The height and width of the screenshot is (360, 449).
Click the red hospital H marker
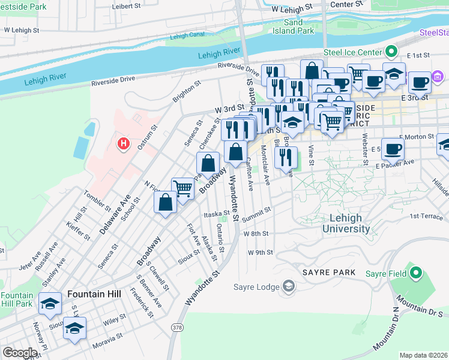124,143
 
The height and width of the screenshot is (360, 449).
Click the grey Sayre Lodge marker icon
289,286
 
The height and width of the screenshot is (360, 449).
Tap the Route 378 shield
176,327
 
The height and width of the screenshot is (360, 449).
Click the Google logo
20,352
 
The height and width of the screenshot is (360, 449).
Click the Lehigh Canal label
187,36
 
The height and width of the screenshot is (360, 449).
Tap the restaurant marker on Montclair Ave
285,157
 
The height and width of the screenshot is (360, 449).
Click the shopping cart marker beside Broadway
182,188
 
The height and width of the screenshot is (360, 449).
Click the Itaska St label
217,214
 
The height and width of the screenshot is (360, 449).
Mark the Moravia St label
107,346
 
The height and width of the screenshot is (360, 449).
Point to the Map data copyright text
423,355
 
